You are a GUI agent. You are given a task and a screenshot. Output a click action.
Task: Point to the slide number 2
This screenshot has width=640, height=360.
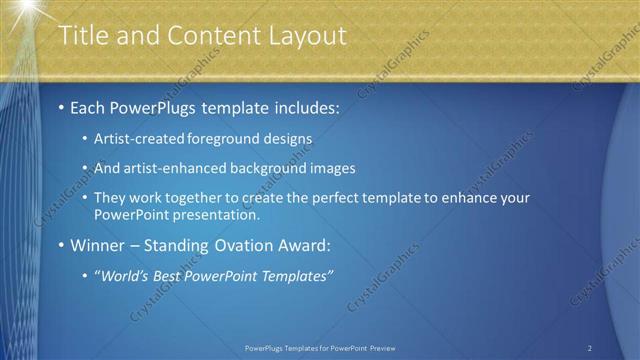590,348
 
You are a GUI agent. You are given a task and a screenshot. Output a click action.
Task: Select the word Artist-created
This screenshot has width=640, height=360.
129,139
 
